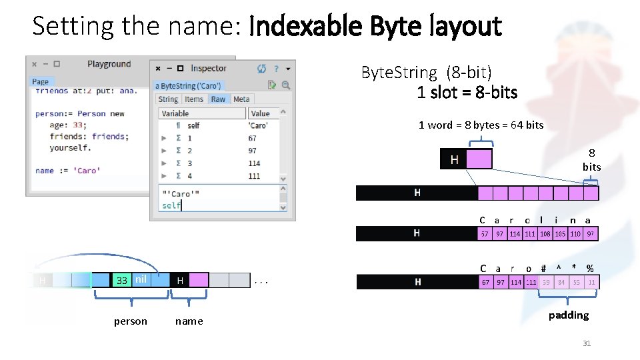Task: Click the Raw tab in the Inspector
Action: tap(218, 99)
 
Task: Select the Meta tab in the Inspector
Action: tap(241, 99)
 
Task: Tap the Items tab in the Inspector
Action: tap(194, 99)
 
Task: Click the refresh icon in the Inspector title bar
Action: tap(261, 69)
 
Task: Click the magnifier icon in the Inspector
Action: tap(286, 85)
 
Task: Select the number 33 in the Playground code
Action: tap(79, 125)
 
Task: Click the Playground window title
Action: tap(109, 64)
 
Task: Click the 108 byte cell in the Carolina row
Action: tap(545, 234)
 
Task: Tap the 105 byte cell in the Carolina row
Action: tap(560, 234)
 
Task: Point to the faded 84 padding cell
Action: tap(561, 282)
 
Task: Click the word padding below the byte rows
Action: tap(569, 315)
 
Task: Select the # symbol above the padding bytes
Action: tap(544, 269)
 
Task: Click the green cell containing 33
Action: tap(121, 280)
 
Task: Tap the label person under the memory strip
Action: tap(131, 321)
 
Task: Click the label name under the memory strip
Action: tap(189, 321)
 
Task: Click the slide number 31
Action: tap(587, 343)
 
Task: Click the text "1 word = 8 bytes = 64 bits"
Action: tap(481, 125)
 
